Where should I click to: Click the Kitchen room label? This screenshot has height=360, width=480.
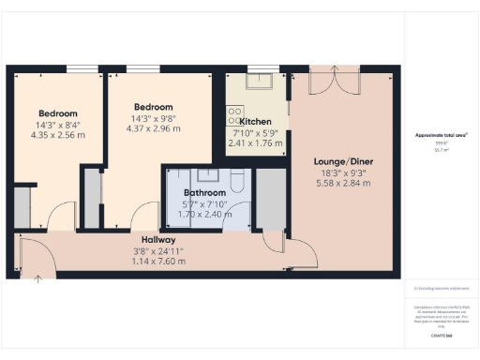256,123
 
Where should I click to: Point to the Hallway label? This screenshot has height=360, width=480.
152,240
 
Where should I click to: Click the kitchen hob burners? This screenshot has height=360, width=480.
232,115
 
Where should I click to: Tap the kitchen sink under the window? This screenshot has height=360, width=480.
256,81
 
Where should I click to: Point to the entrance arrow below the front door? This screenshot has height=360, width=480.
37,277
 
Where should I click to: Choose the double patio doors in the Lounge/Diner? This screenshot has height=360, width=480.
335,82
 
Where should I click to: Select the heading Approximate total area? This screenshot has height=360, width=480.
442,136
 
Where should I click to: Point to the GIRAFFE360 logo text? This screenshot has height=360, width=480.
441,335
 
